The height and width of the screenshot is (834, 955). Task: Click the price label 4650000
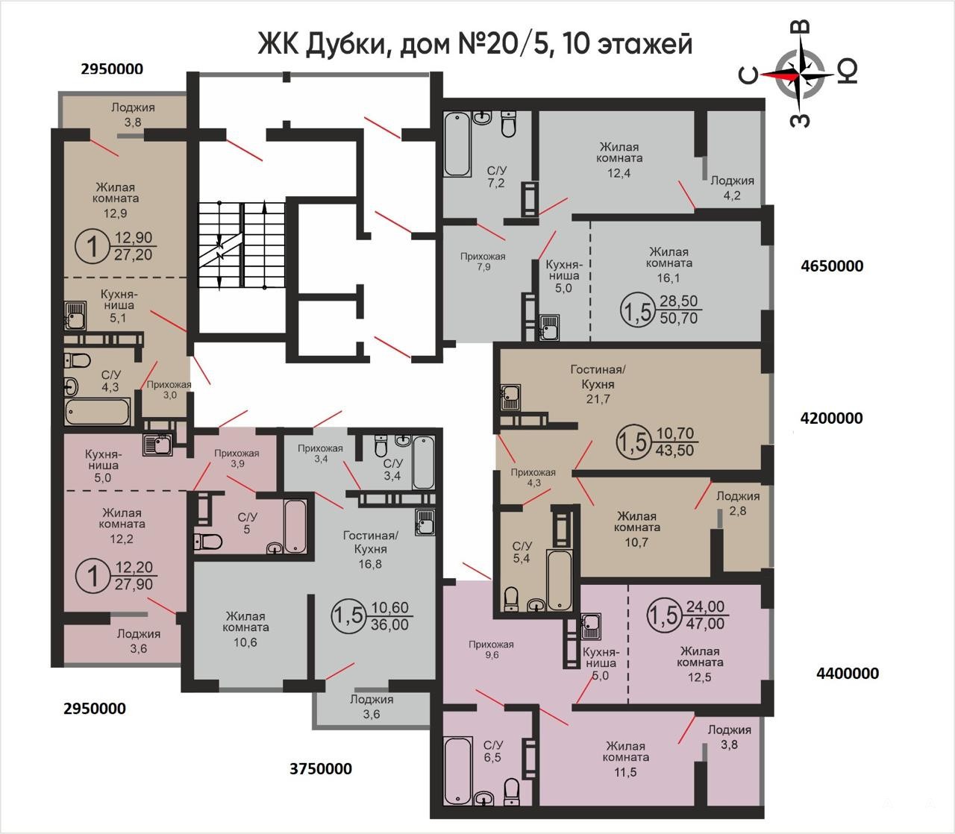click(832, 266)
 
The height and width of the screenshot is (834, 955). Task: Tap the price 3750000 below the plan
click(321, 768)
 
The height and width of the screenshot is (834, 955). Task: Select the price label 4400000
click(848, 674)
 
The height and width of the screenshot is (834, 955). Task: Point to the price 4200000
click(831, 418)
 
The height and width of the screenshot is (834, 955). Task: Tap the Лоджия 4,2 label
click(732, 188)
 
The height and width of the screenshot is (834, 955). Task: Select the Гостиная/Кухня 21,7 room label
click(598, 384)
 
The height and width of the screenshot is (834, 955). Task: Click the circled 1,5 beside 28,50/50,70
click(635, 310)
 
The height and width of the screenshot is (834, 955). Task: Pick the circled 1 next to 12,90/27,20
click(92, 247)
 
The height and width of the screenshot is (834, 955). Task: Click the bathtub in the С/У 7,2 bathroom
click(457, 144)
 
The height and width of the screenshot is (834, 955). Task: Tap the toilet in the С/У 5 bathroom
click(207, 542)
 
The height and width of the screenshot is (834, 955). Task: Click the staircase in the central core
click(242, 245)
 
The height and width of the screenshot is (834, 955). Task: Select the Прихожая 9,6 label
click(492, 649)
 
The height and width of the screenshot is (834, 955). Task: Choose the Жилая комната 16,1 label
click(669, 265)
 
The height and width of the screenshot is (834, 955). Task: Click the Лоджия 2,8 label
click(737, 503)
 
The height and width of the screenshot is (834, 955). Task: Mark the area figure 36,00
click(389, 624)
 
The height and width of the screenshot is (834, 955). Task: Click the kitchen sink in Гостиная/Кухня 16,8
click(425, 521)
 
